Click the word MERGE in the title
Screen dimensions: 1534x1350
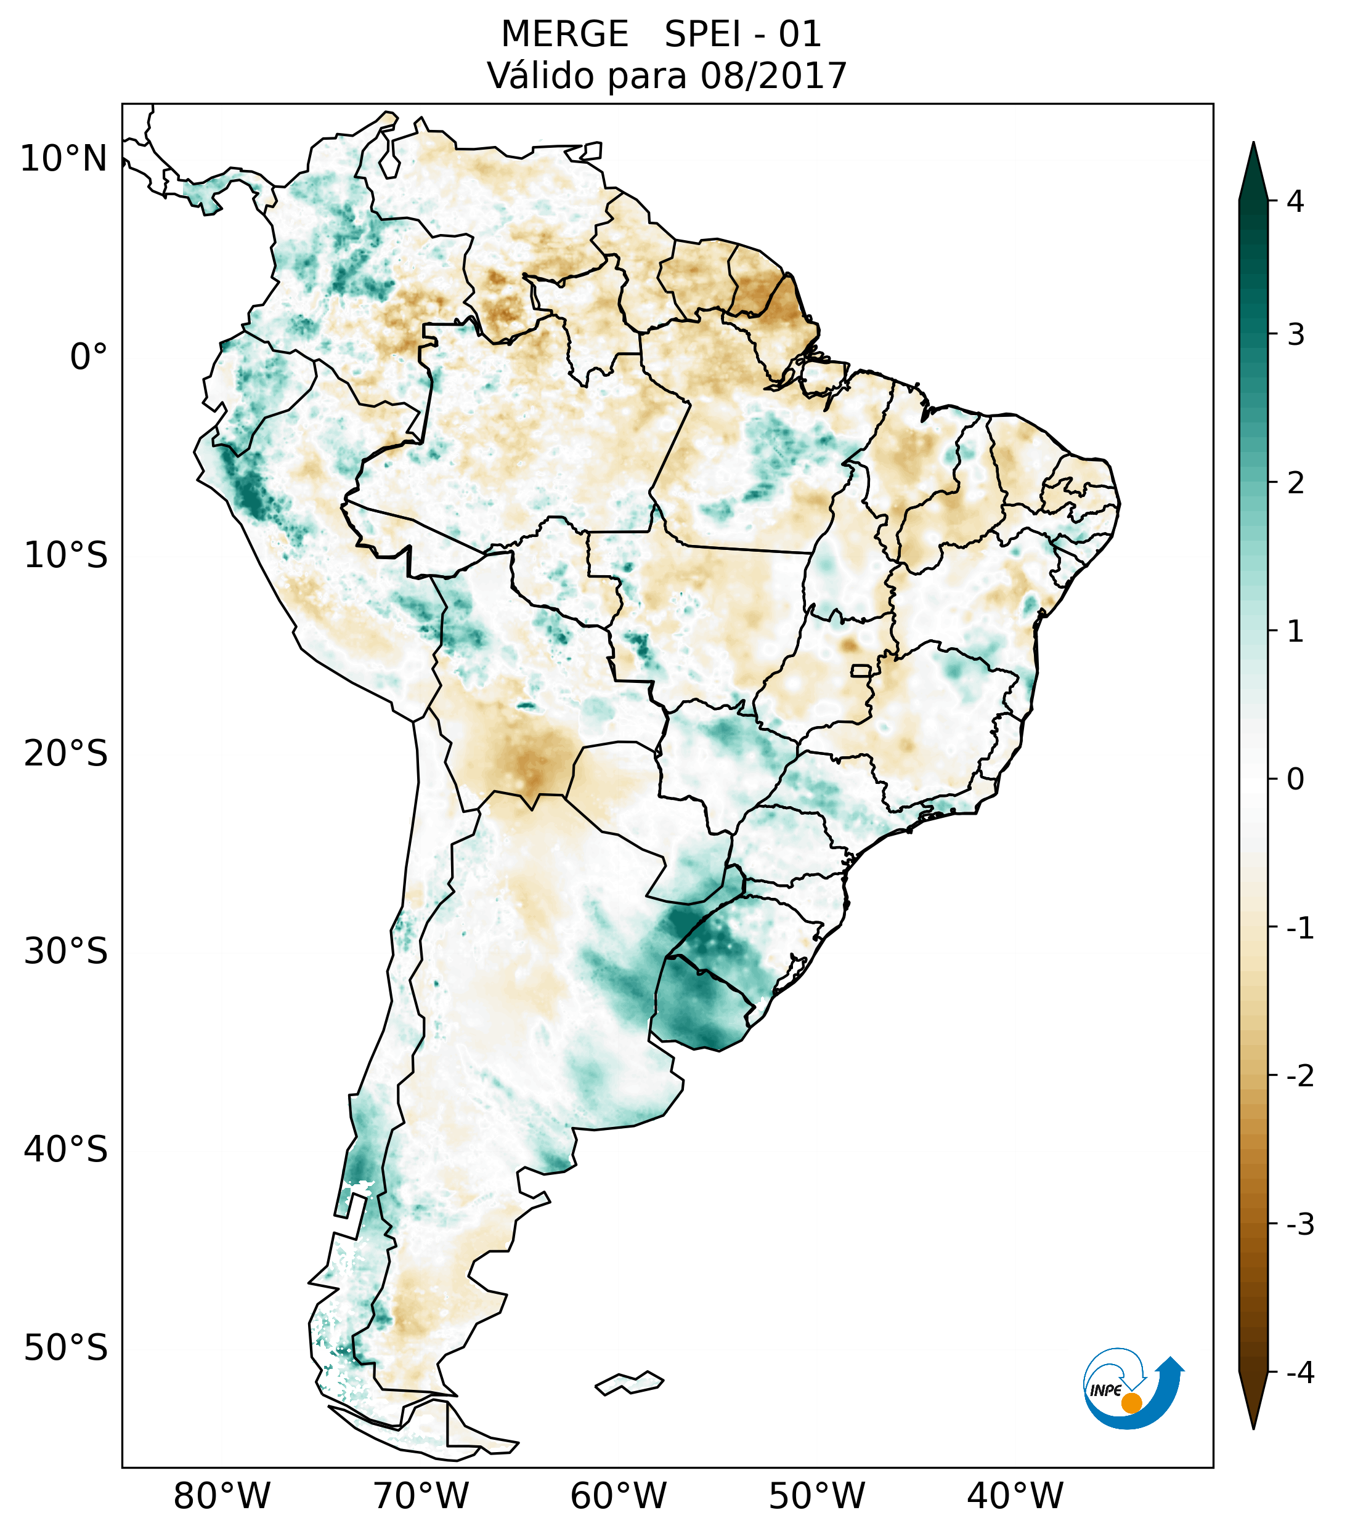click(564, 34)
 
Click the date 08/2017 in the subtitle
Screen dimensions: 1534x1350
click(773, 76)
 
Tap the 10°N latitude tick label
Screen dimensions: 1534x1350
click(64, 158)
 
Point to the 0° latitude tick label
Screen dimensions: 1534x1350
click(89, 357)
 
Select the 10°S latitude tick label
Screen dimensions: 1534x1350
click(66, 555)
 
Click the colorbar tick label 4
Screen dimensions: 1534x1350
click(1295, 201)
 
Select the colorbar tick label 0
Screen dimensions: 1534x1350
click(1295, 779)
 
